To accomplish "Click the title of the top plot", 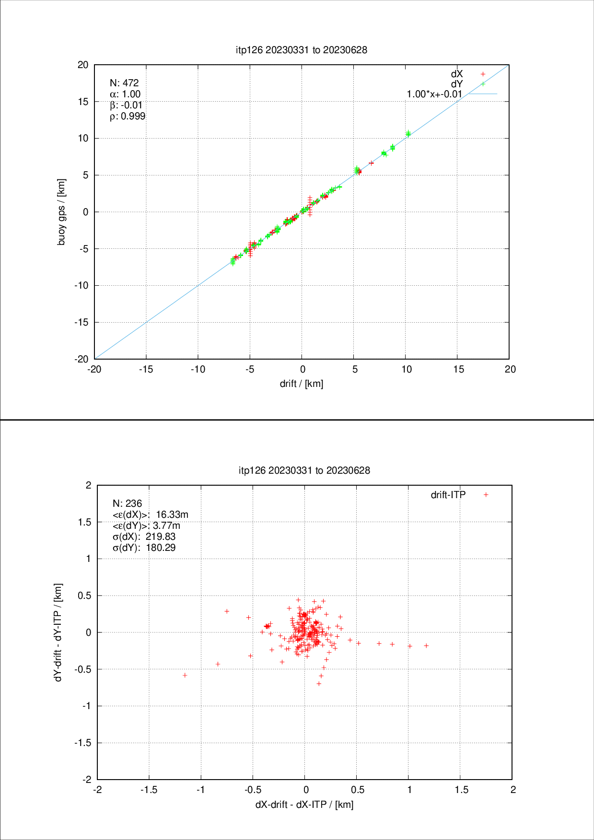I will click(302, 50).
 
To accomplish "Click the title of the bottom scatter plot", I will click(304, 470).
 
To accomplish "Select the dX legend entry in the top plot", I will click(457, 74).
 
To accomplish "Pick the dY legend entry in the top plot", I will click(457, 84).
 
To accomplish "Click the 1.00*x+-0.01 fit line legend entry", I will click(434, 94).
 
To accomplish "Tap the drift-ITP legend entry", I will click(448, 495).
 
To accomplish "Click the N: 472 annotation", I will click(124, 83).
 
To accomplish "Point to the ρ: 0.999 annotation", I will click(128, 116).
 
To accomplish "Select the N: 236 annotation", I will click(127, 503).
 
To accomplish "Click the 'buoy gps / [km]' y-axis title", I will click(61, 212).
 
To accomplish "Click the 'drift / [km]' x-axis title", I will click(302, 384).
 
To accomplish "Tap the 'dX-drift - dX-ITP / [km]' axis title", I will click(304, 804).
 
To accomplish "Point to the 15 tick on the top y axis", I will click(83, 102).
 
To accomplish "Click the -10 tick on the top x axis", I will click(198, 369).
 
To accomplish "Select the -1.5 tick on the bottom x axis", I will click(149, 790).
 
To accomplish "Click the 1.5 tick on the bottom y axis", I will click(84, 522).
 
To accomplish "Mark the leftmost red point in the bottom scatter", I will click(185, 675).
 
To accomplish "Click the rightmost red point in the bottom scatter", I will click(426, 645).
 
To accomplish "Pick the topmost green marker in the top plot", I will click(408, 132).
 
